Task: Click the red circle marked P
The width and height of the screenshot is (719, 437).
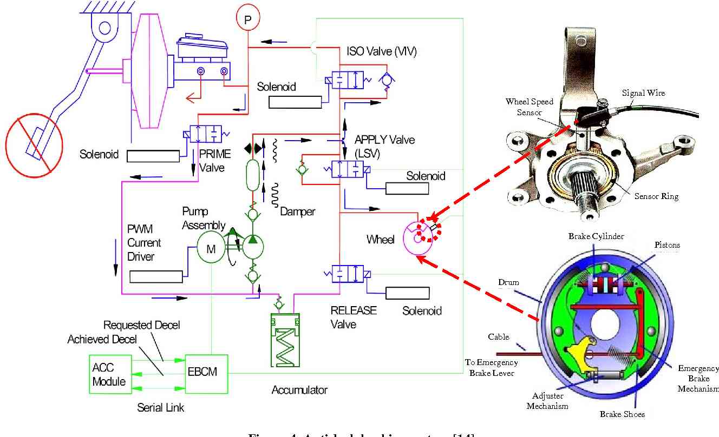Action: (247, 19)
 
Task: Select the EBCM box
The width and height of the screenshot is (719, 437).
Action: (207, 373)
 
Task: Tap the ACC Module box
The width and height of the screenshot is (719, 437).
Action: (109, 374)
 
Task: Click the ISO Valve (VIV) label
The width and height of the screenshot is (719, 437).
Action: (382, 52)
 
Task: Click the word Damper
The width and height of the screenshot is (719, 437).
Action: (298, 211)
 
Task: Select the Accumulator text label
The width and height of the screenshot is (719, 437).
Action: (299, 389)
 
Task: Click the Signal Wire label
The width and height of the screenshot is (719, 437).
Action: (643, 93)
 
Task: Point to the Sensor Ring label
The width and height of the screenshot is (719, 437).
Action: (656, 196)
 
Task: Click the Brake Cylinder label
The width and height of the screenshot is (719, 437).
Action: (596, 236)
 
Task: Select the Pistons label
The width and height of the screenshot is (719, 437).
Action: (667, 245)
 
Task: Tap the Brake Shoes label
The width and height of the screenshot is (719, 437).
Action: (622, 414)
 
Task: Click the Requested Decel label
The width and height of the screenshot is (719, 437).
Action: (142, 325)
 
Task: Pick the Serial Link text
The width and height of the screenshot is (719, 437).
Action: (161, 407)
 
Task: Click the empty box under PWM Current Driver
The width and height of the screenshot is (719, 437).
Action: (156, 276)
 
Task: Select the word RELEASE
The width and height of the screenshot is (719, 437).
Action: (354, 310)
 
